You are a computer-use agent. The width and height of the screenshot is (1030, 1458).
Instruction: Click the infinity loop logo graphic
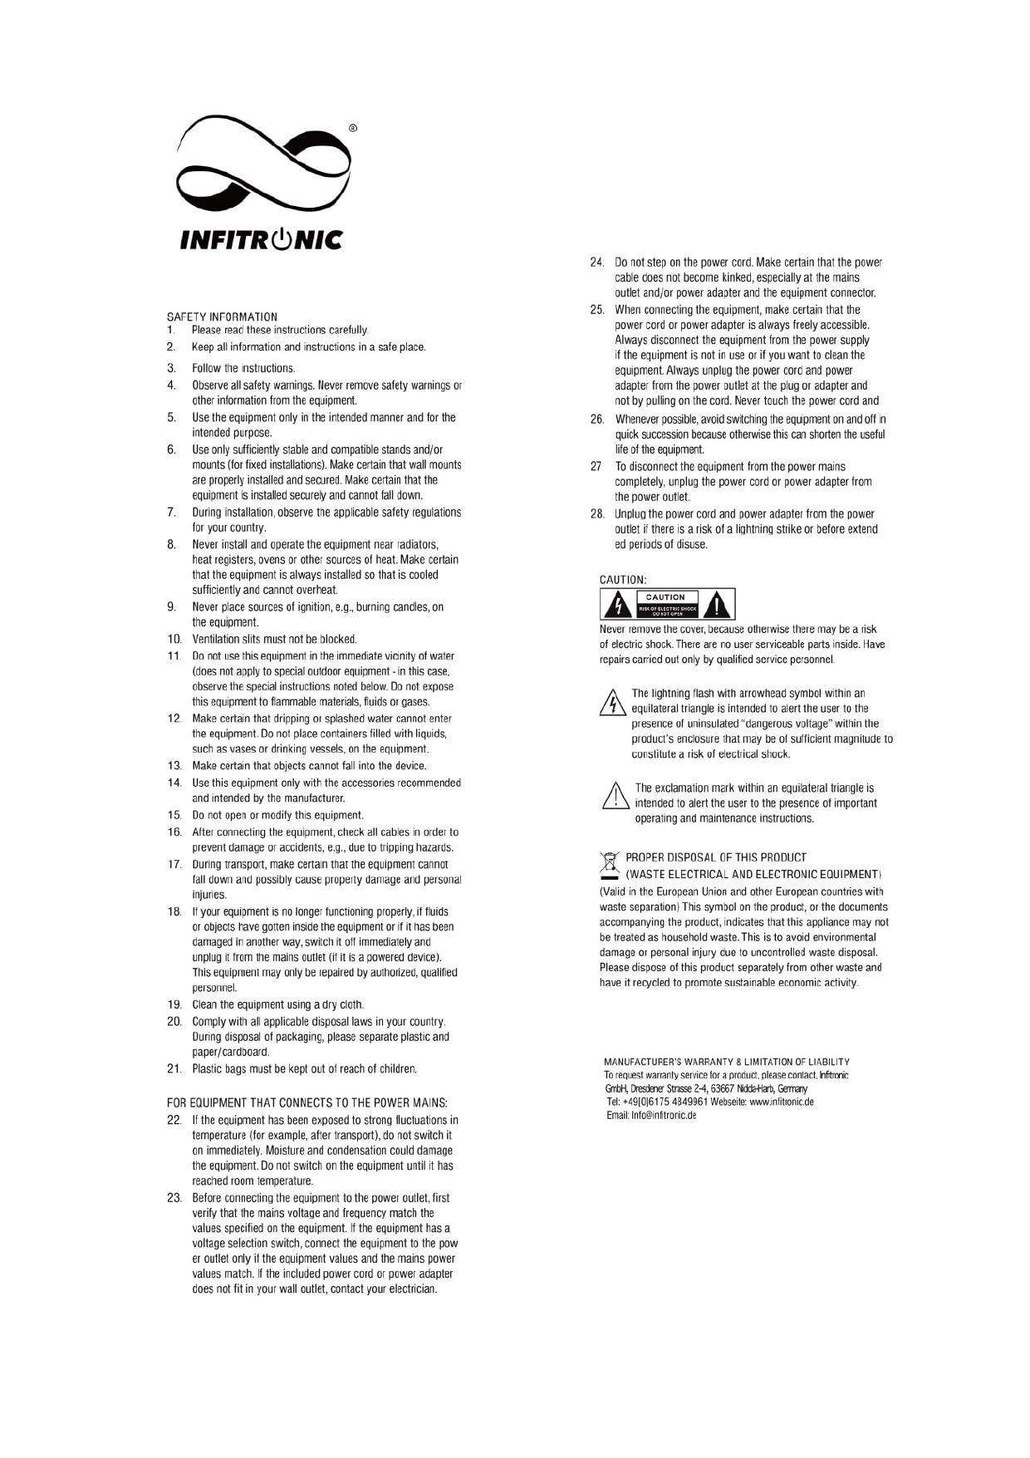pyautogui.click(x=262, y=166)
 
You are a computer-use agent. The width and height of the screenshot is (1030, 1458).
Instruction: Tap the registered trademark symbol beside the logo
pyautogui.click(x=353, y=128)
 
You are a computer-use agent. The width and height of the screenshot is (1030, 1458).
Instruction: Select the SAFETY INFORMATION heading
pyautogui.click(x=222, y=317)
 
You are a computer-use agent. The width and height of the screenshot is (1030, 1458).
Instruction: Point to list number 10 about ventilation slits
pyautogui.click(x=174, y=639)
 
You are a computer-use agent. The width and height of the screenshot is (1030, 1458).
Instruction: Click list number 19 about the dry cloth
pyautogui.click(x=174, y=1004)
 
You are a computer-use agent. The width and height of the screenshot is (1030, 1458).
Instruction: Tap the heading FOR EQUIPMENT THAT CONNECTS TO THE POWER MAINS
pyautogui.click(x=307, y=1102)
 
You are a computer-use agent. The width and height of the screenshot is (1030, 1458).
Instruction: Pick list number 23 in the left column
pyautogui.click(x=174, y=1198)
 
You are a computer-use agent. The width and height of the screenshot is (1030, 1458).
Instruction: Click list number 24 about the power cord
pyautogui.click(x=596, y=263)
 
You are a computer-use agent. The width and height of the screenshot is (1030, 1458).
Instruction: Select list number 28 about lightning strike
pyautogui.click(x=597, y=514)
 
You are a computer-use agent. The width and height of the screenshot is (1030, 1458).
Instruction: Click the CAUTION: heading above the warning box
pyautogui.click(x=623, y=580)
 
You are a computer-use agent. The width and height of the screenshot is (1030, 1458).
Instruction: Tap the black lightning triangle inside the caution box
pyautogui.click(x=617, y=605)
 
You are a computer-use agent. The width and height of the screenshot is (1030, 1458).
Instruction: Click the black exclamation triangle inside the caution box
pyautogui.click(x=717, y=605)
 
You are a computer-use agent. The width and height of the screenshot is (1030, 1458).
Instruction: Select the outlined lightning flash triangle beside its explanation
pyautogui.click(x=612, y=702)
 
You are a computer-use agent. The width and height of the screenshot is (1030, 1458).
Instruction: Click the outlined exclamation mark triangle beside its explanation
pyautogui.click(x=616, y=796)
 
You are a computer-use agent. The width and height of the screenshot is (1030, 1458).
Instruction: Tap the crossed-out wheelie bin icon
pyautogui.click(x=611, y=865)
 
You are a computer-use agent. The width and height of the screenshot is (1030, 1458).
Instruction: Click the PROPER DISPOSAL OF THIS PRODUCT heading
pyautogui.click(x=716, y=857)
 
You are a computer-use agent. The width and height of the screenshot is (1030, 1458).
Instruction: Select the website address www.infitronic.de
pyautogui.click(x=781, y=1102)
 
